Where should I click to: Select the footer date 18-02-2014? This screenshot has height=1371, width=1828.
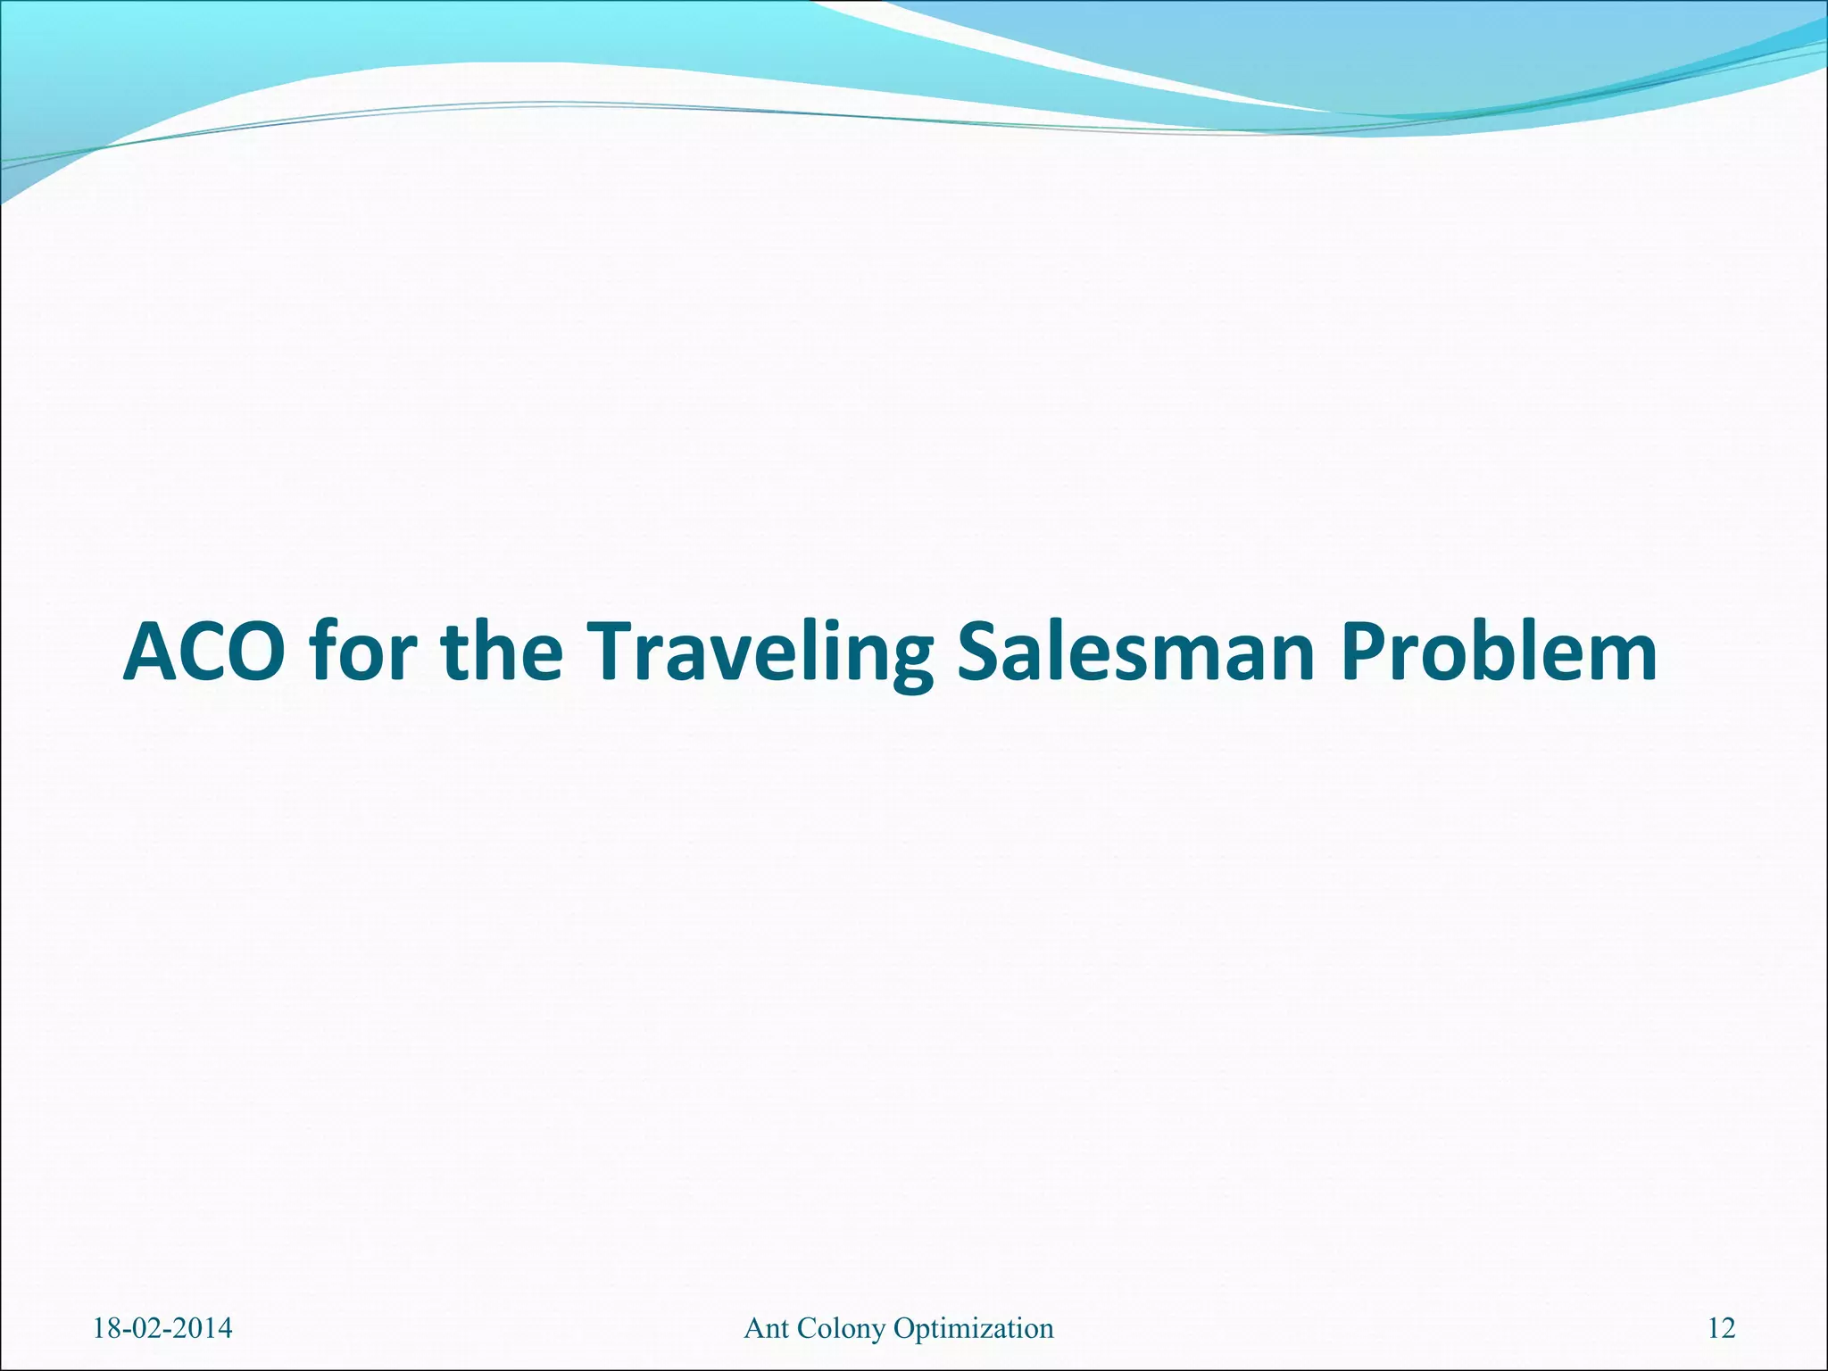coord(162,1329)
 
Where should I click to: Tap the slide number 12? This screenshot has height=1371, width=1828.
coord(1722,1329)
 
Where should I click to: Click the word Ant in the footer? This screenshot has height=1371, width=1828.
coord(765,1329)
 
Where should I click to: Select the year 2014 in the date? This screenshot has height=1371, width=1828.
coord(204,1329)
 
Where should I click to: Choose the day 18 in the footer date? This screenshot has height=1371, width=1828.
coord(106,1329)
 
